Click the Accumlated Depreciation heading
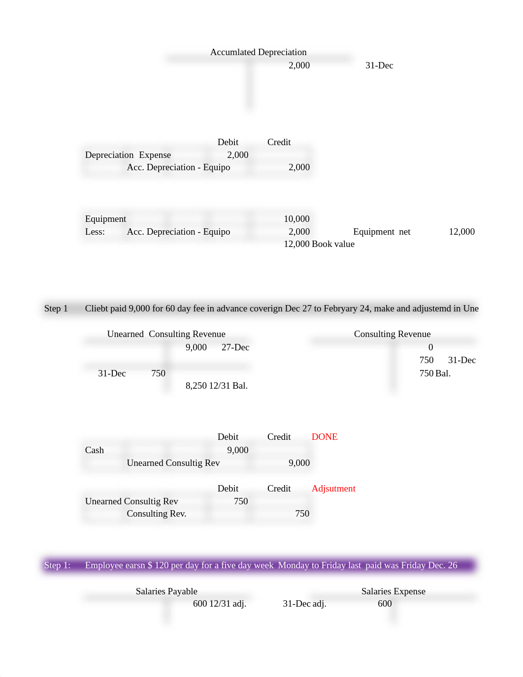pyautogui.click(x=258, y=52)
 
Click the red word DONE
pyautogui.click(x=324, y=436)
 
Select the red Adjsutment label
pyautogui.click(x=333, y=488)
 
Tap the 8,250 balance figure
pyautogui.click(x=196, y=386)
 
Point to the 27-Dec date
pyautogui.click(x=235, y=347)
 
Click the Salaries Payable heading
pyautogui.click(x=166, y=591)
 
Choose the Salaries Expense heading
pyautogui.click(x=393, y=591)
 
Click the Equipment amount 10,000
pyautogui.click(x=296, y=219)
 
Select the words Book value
pyautogui.click(x=333, y=244)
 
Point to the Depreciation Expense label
pyautogui.click(x=128, y=155)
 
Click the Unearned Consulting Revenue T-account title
pyautogui.click(x=166, y=334)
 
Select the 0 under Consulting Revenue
pyautogui.click(x=430, y=347)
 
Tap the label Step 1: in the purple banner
pyautogui.click(x=57, y=565)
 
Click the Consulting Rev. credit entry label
pyautogui.click(x=156, y=514)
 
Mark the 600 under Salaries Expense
pyautogui.click(x=384, y=604)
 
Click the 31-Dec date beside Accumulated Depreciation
pyautogui.click(x=379, y=65)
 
